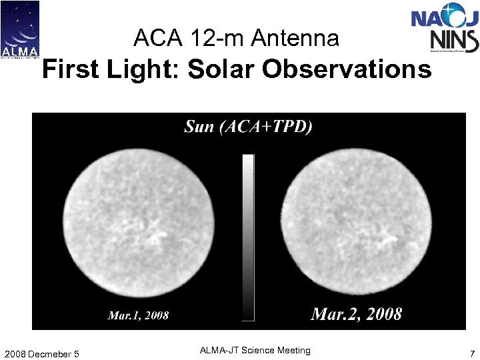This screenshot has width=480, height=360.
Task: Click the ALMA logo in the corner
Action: click(x=20, y=29)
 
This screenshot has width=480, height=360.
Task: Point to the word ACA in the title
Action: click(x=157, y=39)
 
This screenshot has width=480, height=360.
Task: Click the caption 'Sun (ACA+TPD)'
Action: click(x=248, y=127)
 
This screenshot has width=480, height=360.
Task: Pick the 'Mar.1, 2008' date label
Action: click(x=138, y=315)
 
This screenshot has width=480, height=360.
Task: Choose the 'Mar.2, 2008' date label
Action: click(x=356, y=313)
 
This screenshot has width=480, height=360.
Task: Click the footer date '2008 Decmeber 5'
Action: click(x=41, y=353)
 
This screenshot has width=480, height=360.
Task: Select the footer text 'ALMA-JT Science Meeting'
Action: click(x=255, y=351)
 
